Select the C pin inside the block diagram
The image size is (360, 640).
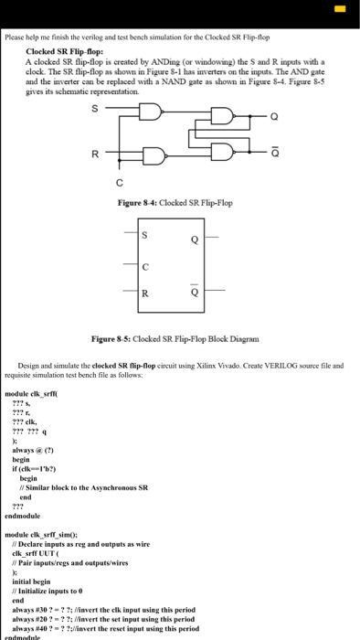click(144, 267)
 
